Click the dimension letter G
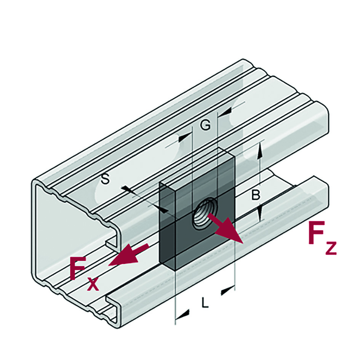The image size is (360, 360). coord(205,125)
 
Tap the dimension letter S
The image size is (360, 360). coord(106,179)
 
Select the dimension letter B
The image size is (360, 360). coord(256,195)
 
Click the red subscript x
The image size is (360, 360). coord(93,284)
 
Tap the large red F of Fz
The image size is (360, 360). coord(317,232)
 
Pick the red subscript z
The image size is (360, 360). coord(331,248)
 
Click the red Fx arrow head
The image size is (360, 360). coord(124,255)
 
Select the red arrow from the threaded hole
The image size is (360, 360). coord(225,228)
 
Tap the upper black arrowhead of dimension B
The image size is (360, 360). coord(260,150)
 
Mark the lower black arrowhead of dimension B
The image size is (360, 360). coord(259,213)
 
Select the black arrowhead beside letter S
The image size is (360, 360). coord(164,210)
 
